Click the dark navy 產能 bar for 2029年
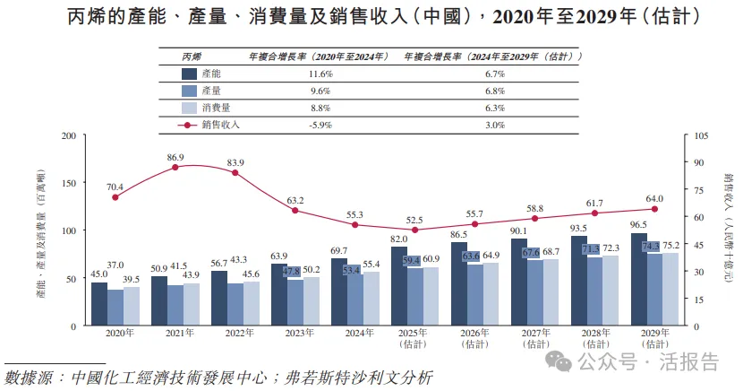[x=638, y=280]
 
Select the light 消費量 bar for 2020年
[x=131, y=307]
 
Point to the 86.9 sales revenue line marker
[x=175, y=168]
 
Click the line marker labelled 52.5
[x=414, y=230]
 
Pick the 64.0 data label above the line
[x=654, y=199]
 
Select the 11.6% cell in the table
[x=320, y=74]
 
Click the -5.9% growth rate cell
[x=320, y=126]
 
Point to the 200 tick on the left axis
[x=68, y=135]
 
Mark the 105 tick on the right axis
[x=700, y=135]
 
